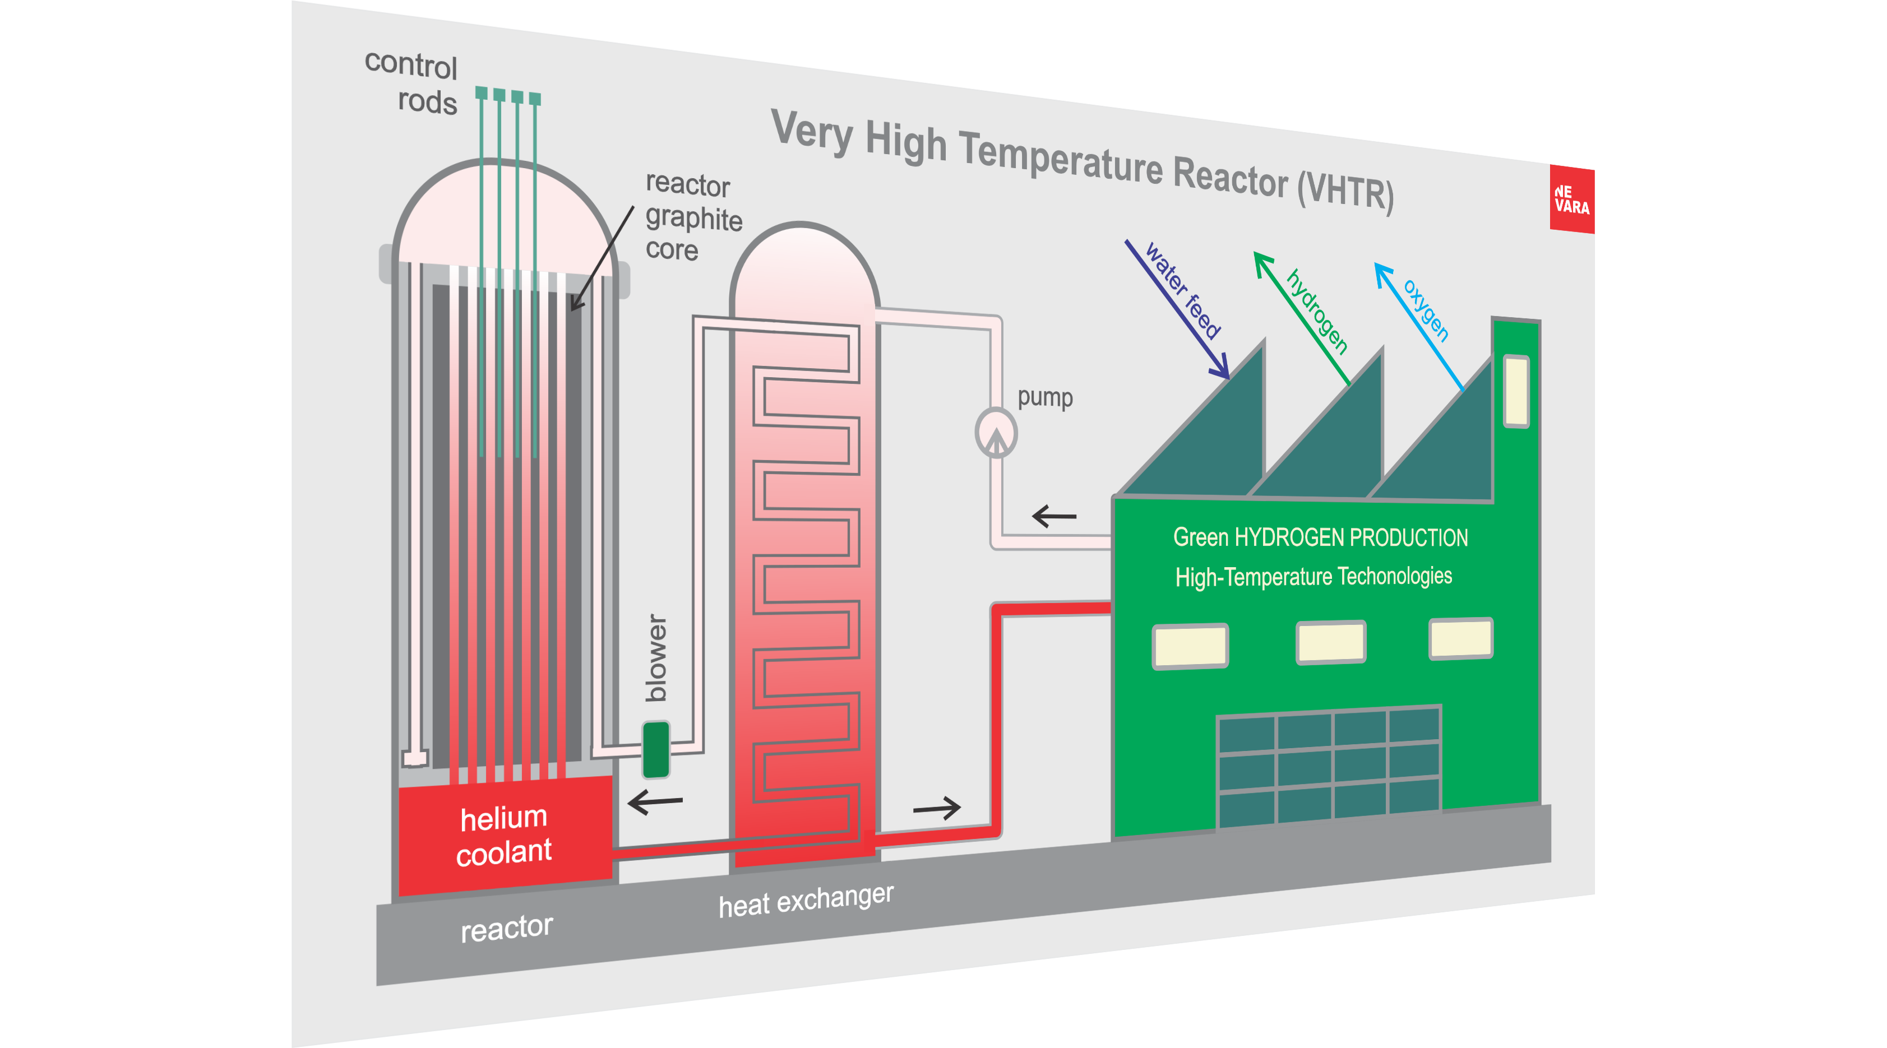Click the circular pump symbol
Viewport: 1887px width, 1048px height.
(996, 433)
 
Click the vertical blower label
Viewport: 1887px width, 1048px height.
(655, 657)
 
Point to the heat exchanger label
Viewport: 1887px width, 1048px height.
(806, 900)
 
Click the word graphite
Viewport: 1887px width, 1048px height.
(693, 218)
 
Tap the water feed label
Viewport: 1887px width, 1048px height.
(1182, 291)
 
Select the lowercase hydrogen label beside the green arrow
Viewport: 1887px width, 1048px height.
(1317, 311)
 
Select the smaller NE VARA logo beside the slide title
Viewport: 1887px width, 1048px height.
(1572, 199)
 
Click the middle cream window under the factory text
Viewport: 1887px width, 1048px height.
(1330, 642)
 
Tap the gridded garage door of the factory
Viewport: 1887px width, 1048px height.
(1329, 766)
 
